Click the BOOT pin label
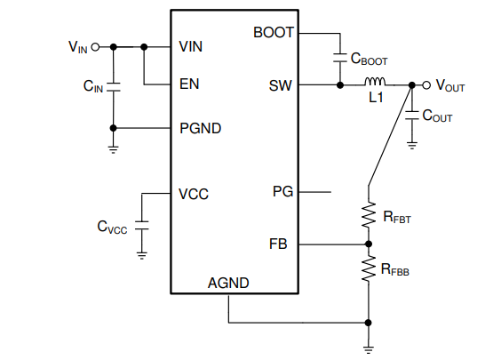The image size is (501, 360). pyautogui.click(x=274, y=33)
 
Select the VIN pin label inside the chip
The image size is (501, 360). pyautogui.click(x=190, y=47)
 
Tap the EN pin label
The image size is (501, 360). pyautogui.click(x=189, y=84)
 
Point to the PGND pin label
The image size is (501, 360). pyautogui.click(x=201, y=128)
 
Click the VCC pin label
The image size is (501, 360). pyautogui.click(x=194, y=194)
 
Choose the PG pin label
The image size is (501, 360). pyautogui.click(x=282, y=192)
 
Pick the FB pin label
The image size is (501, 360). pyautogui.click(x=278, y=244)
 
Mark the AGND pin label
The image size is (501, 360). pyautogui.click(x=228, y=283)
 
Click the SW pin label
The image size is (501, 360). pyautogui.click(x=280, y=85)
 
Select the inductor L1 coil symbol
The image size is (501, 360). pyautogui.click(x=375, y=82)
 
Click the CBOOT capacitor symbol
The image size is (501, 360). pyautogui.click(x=340, y=58)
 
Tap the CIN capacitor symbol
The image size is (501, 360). pyautogui.click(x=113, y=87)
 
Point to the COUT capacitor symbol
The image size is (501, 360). pyautogui.click(x=412, y=116)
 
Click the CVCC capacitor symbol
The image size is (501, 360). pyautogui.click(x=141, y=226)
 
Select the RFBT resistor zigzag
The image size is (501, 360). pyautogui.click(x=369, y=214)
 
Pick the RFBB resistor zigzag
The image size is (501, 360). pyautogui.click(x=369, y=268)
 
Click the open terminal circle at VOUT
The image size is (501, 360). pyautogui.click(x=426, y=85)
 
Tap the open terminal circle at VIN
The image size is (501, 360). pyautogui.click(x=95, y=47)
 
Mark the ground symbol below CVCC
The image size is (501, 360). pyautogui.click(x=141, y=256)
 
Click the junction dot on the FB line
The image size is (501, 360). pyautogui.click(x=369, y=244)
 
